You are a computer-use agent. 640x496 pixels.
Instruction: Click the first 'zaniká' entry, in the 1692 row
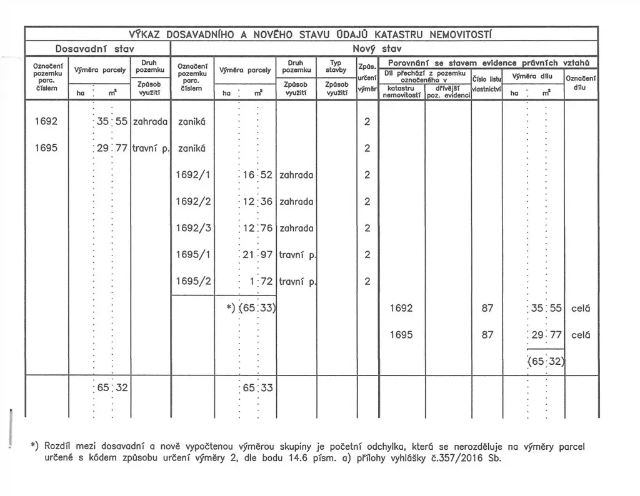tap(191, 121)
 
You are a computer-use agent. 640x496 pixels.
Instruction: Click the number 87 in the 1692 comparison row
tap(488, 308)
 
